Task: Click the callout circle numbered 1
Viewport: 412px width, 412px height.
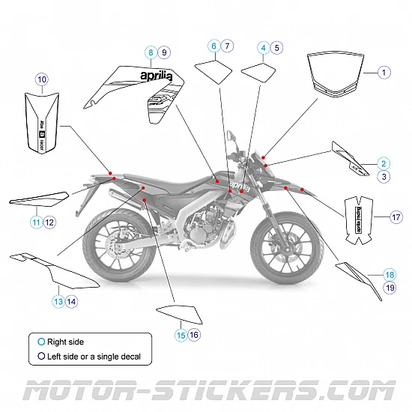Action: (x=384, y=73)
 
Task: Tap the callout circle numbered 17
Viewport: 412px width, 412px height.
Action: (x=396, y=217)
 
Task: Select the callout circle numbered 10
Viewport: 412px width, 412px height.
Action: (x=41, y=79)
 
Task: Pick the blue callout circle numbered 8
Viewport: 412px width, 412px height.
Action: (x=151, y=52)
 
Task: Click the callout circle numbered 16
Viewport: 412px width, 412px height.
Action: (x=194, y=335)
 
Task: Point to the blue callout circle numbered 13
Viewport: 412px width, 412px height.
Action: (x=58, y=301)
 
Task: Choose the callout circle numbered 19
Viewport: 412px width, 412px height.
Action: (x=390, y=287)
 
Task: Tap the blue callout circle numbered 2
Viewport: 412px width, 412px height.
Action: (x=383, y=163)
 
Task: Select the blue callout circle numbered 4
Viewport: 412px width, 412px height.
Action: (x=263, y=47)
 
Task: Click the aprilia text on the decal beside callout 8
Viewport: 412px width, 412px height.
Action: (x=156, y=76)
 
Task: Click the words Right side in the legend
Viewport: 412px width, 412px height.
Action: (x=65, y=342)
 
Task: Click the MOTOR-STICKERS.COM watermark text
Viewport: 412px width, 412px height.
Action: (x=206, y=391)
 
